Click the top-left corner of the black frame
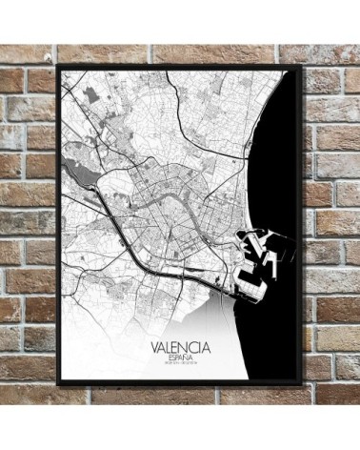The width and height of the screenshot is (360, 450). tap(59, 65)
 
